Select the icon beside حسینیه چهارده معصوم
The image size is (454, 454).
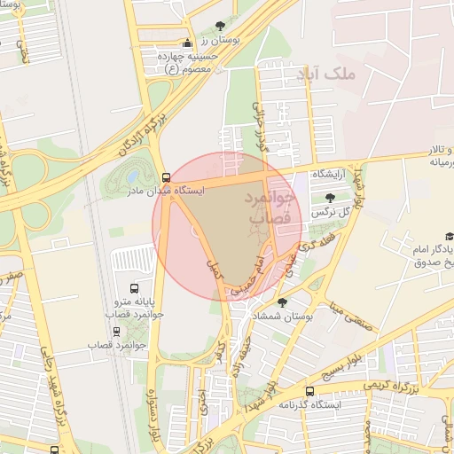coord(186,44)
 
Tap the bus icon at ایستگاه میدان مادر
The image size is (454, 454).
coord(167,176)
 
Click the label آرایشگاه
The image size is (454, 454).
coord(333,174)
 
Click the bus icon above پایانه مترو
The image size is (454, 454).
coord(134,288)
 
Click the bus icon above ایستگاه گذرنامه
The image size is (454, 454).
coord(309,391)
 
